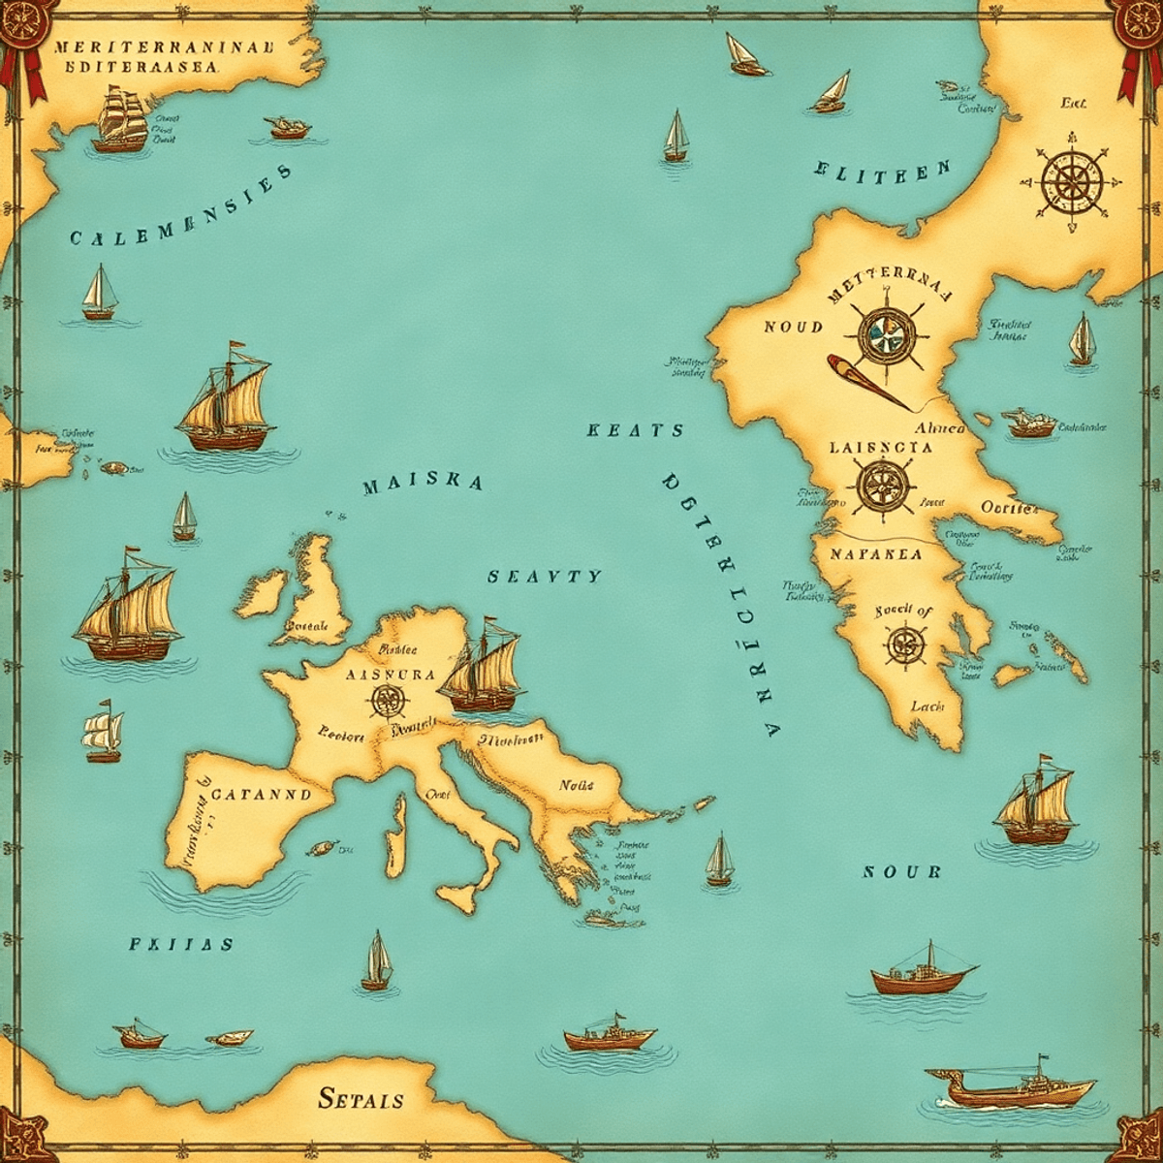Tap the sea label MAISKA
pos(423,485)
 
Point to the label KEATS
pos(636,431)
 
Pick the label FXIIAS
pos(181,944)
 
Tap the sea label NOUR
pos(901,871)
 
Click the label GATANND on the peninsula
pos(261,793)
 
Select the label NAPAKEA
pos(876,555)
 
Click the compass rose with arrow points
pos(1072,180)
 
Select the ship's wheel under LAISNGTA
pos(881,485)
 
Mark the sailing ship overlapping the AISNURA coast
pos(482,669)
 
